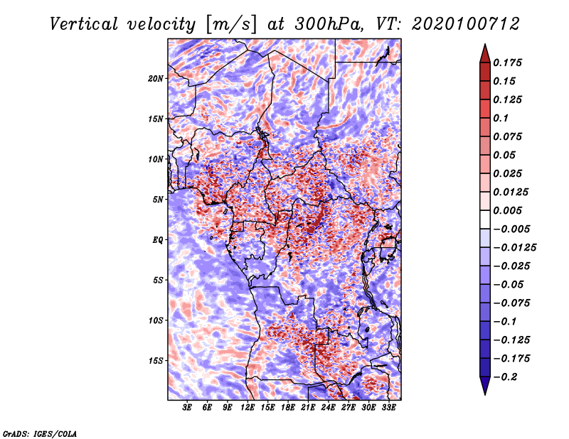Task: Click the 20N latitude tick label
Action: (156, 79)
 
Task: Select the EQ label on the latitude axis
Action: (158, 240)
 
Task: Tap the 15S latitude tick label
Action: (156, 361)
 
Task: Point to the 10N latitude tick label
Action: (156, 159)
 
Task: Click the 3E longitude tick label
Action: (187, 408)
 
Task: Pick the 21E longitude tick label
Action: (308, 408)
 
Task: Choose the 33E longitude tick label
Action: (388, 408)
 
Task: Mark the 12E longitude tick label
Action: (248, 408)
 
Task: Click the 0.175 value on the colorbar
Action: (507, 63)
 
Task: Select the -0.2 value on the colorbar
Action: (505, 377)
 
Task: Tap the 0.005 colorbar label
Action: (507, 210)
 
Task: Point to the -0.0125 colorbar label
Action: (514, 248)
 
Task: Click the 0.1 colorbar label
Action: (501, 118)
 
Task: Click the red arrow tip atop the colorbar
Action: (485, 44)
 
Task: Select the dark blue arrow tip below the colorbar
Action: (485, 394)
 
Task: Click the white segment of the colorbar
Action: (485, 220)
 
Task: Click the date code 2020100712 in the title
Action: (466, 24)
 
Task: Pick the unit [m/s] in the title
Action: (231, 25)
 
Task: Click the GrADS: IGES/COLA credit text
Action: (40, 434)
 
